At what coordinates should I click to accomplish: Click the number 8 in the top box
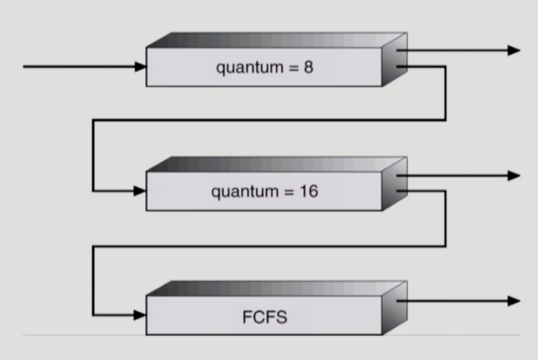coord(308,68)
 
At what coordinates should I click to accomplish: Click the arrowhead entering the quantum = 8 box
coord(141,67)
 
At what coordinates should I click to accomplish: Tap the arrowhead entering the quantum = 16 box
coord(141,191)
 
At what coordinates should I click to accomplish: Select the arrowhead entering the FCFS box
coord(141,315)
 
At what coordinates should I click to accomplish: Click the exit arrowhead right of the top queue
coord(513,50)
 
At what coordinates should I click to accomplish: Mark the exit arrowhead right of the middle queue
coord(513,175)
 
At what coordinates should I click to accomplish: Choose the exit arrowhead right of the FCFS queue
coord(513,301)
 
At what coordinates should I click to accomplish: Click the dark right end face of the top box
coord(394,59)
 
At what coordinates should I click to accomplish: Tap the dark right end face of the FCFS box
coord(394,308)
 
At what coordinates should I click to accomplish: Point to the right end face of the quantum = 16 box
coord(394,184)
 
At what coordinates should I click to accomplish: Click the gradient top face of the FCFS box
coord(275,289)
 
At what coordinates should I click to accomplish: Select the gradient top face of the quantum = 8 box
coord(275,40)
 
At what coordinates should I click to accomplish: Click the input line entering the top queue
coord(79,67)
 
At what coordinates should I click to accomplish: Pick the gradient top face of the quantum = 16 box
coord(275,164)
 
